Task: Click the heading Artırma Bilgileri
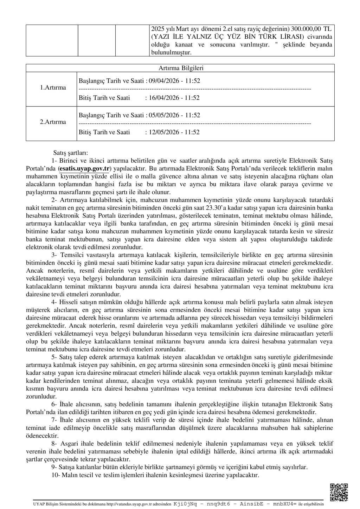(x=181, y=68)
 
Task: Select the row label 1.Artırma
(x=53, y=88)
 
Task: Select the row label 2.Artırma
(x=53, y=122)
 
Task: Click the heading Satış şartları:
(x=70, y=153)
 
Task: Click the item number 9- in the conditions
(x=55, y=467)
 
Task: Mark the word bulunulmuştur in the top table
(x=171, y=52)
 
